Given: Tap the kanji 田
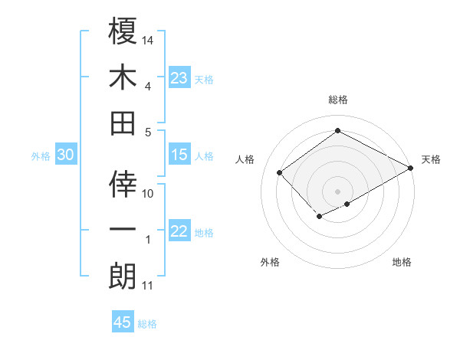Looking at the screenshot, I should (x=123, y=123).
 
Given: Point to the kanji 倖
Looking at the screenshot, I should (x=123, y=183).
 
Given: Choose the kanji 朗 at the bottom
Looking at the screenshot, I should (x=123, y=277).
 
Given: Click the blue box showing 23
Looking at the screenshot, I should (x=179, y=78).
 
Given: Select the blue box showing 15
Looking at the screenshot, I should (x=179, y=155).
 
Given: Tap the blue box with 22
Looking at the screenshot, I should (x=179, y=232).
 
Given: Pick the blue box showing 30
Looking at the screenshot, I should (x=65, y=155).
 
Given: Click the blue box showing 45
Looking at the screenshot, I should (x=123, y=322).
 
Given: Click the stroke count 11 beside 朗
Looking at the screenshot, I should (x=148, y=286).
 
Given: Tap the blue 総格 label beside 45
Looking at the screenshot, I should (x=147, y=324).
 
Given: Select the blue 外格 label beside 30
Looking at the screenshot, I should (x=41, y=156).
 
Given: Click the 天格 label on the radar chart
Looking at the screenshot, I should (x=431, y=159).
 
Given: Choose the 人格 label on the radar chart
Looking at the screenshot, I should (x=245, y=159).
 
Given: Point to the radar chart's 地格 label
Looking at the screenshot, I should (x=402, y=262).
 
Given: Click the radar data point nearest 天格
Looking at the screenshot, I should (x=411, y=169).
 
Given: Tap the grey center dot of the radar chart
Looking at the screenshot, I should (x=337, y=190).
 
